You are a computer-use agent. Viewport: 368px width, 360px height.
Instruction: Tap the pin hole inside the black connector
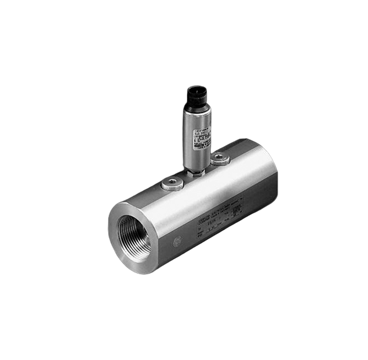[196, 89]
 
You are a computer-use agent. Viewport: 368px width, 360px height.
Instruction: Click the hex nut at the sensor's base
[196, 172]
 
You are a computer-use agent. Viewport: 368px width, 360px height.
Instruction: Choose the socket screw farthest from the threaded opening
[219, 159]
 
